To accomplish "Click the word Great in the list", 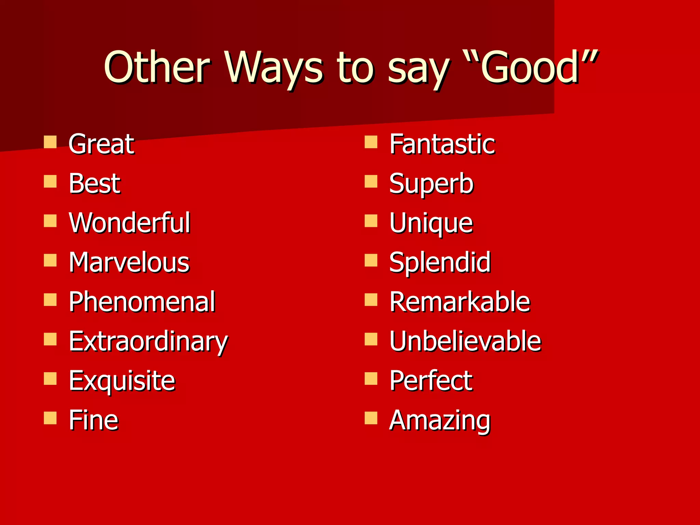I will click(101, 144).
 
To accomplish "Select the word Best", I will click(94, 184).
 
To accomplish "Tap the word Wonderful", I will click(130, 223).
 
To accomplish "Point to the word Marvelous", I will click(129, 262).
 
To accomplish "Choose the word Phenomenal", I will click(142, 302).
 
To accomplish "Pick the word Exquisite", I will click(122, 381).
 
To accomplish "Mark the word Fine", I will click(93, 420).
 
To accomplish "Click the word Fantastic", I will click(442, 144).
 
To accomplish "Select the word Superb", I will click(431, 184).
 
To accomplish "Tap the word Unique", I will click(431, 224).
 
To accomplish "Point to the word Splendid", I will click(440, 262).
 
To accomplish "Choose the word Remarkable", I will click(460, 302).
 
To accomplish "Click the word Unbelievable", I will click(465, 341).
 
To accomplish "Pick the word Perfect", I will click(431, 381).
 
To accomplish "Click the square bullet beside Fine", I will click(50, 418).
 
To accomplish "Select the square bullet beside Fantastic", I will click(371, 142).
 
